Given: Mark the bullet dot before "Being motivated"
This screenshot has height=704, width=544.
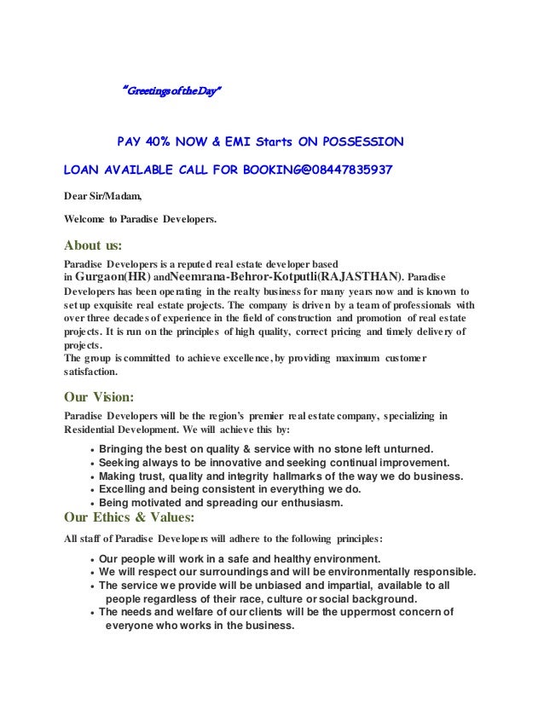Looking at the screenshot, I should (91, 504).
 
